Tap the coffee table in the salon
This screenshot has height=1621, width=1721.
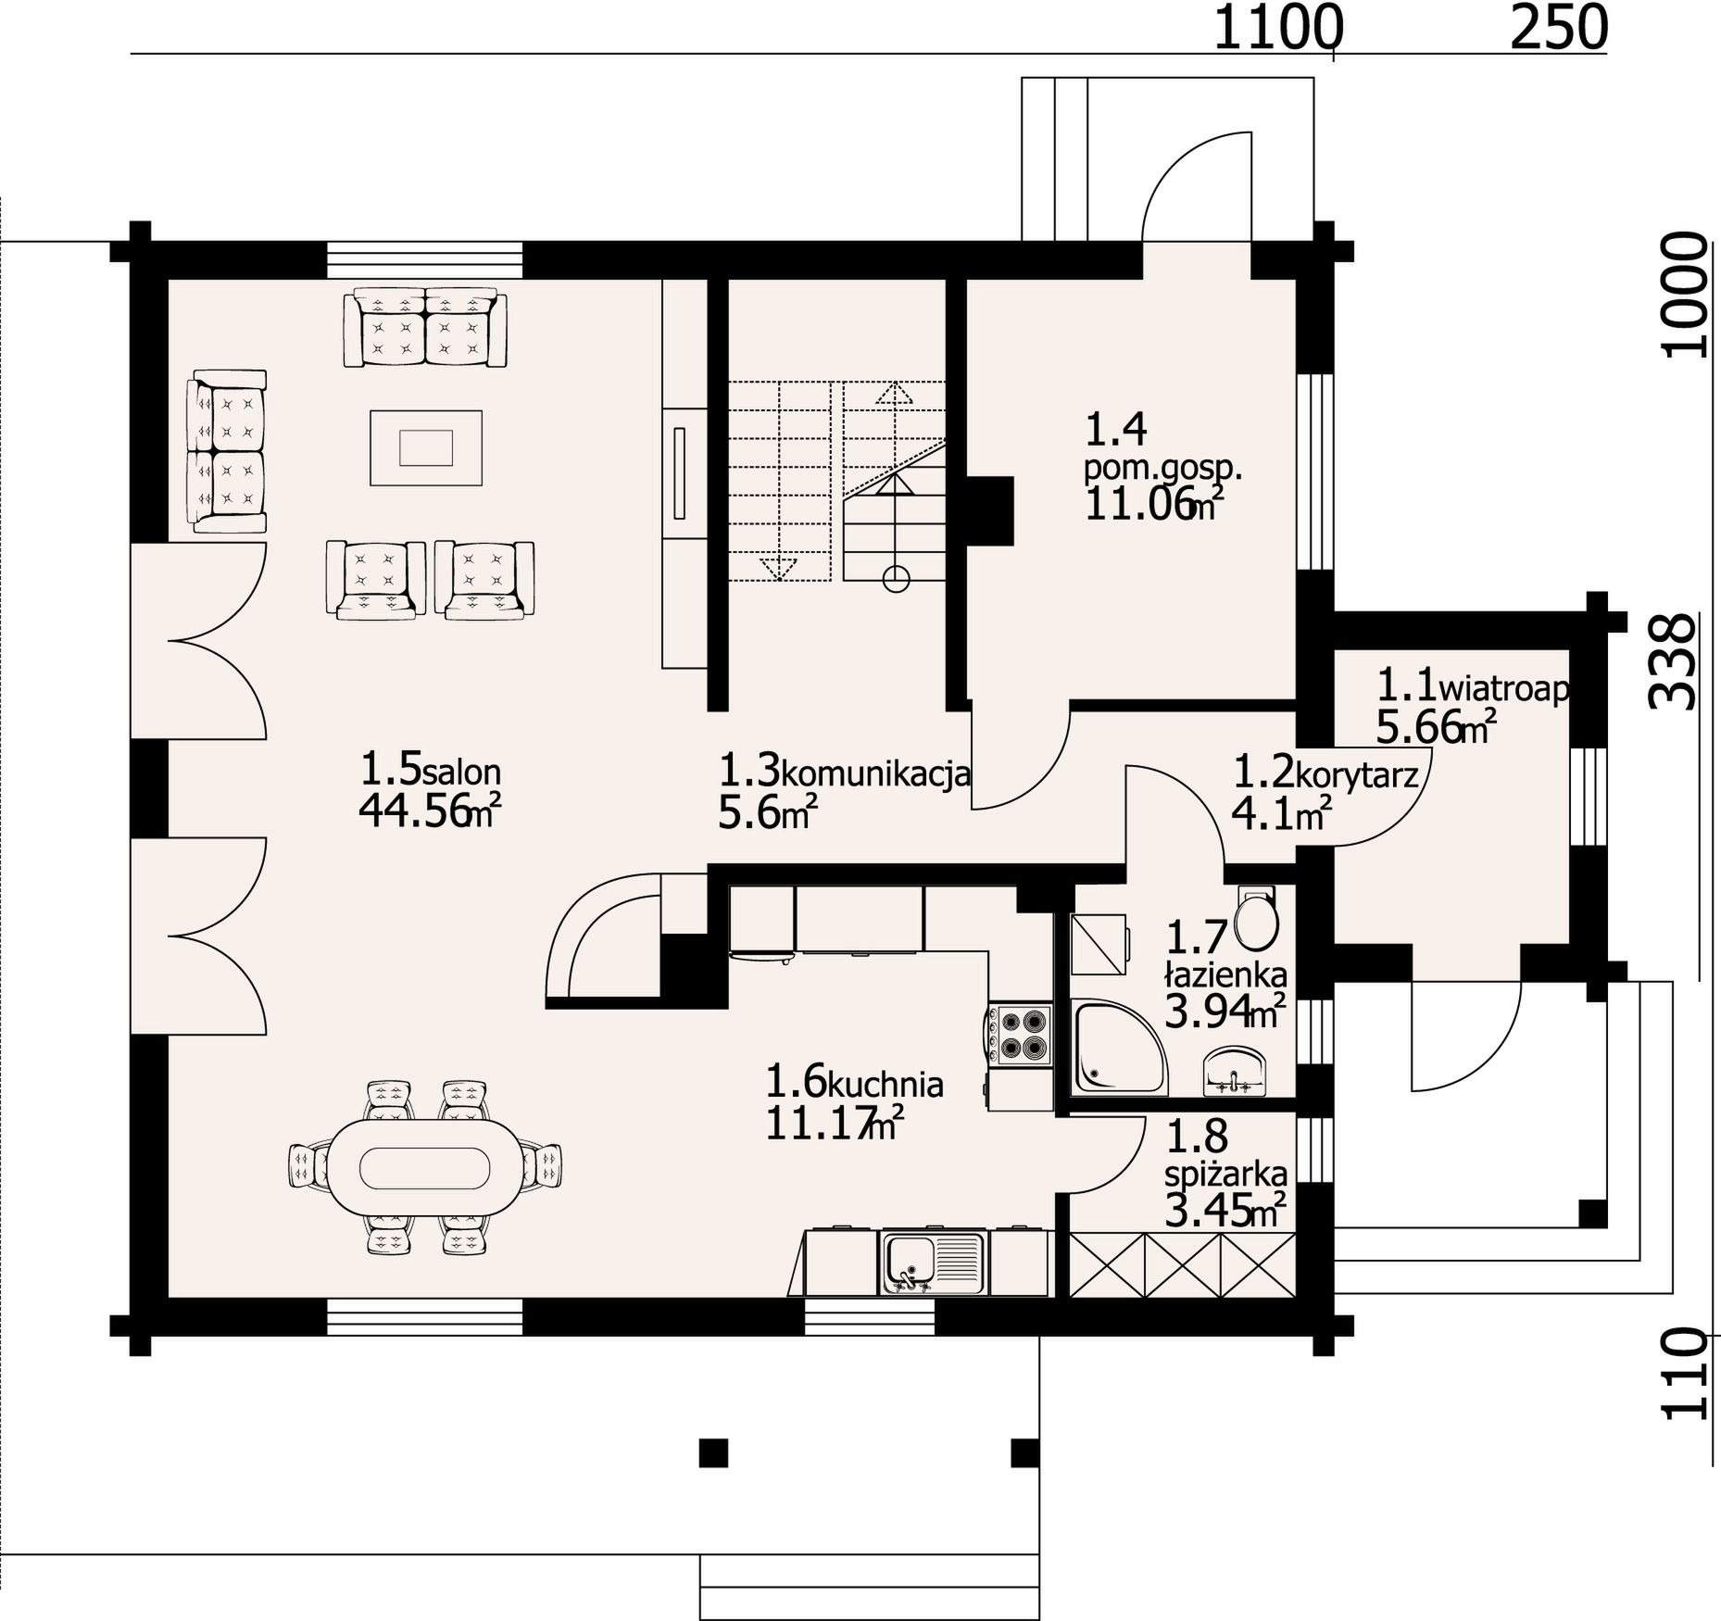[426, 447]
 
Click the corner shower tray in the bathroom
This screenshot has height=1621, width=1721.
[1120, 1047]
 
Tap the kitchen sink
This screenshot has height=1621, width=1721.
[932, 1262]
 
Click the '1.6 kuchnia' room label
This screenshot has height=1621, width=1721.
[854, 1082]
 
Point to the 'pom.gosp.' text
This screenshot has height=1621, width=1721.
[1162, 469]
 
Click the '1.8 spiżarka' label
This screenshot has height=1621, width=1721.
[1225, 1154]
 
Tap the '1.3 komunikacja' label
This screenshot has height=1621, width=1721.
[845, 771]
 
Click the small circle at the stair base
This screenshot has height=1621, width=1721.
[896, 580]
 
